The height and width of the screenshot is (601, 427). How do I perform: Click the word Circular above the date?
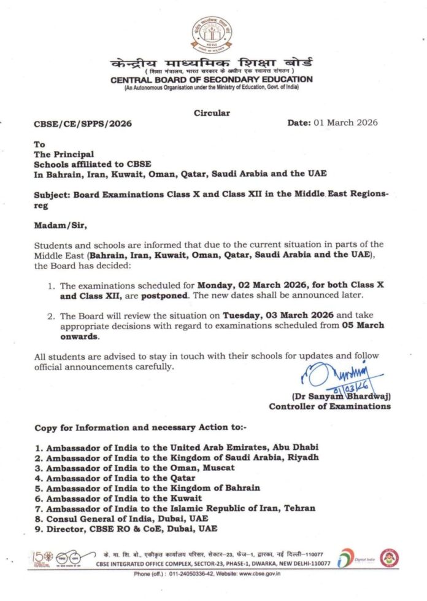pos(212,113)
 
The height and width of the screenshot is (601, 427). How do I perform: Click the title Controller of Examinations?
pos(329,406)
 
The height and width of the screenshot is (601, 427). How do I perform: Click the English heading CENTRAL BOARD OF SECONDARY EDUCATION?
pos(212,80)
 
